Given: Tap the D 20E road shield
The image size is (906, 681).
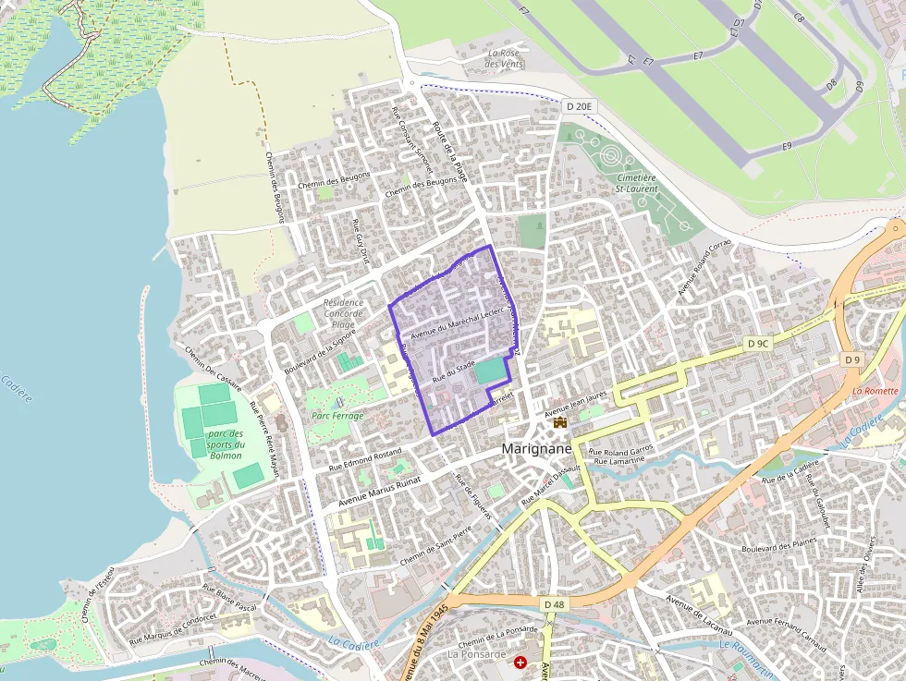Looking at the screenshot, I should coord(579,107).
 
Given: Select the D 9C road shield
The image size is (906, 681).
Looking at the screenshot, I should coord(757,344).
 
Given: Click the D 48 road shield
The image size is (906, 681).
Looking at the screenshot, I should coord(554,604).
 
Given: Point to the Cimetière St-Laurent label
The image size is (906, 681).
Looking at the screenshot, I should coord(637,183).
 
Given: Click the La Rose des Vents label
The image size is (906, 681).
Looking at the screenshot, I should coord(505,58).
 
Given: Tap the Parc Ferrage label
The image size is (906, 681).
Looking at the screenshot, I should coord(338,416).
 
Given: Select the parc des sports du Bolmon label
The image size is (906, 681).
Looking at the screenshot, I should coord(226,444).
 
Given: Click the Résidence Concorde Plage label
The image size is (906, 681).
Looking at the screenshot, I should coord(344,313).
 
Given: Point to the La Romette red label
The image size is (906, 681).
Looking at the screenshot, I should coord(875,391).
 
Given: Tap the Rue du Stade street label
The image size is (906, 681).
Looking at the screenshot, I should coord(453,373).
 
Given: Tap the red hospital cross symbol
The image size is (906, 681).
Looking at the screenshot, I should coord(520,663).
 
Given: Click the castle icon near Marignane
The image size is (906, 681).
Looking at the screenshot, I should coord(559,421).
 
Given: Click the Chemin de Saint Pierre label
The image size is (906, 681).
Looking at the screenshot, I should coord(435,547).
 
